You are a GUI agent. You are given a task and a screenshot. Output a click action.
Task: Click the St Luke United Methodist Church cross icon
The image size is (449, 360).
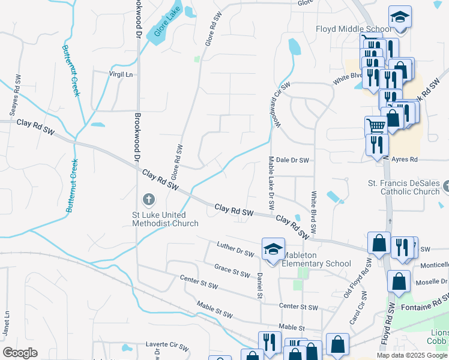tap(148, 199)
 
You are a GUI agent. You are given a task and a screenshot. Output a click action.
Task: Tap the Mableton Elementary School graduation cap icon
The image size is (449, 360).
tap(273, 248)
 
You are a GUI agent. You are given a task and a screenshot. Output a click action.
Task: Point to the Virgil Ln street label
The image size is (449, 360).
tap(119, 74)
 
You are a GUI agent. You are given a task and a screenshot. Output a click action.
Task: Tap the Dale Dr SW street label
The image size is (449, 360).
tap(292, 160)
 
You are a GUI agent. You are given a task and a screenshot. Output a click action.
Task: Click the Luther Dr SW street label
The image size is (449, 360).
tap(234, 250)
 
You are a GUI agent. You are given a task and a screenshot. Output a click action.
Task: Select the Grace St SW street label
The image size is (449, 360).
tap(232, 270)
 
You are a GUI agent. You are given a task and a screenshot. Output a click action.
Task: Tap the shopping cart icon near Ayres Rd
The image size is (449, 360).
tap(376, 126)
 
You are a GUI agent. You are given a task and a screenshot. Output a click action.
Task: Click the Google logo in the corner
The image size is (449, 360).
tap(20, 352)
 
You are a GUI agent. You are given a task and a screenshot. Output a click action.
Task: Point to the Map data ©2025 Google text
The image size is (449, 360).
tap(412, 355)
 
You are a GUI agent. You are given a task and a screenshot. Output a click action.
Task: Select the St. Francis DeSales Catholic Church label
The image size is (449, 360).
tap(403, 187)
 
